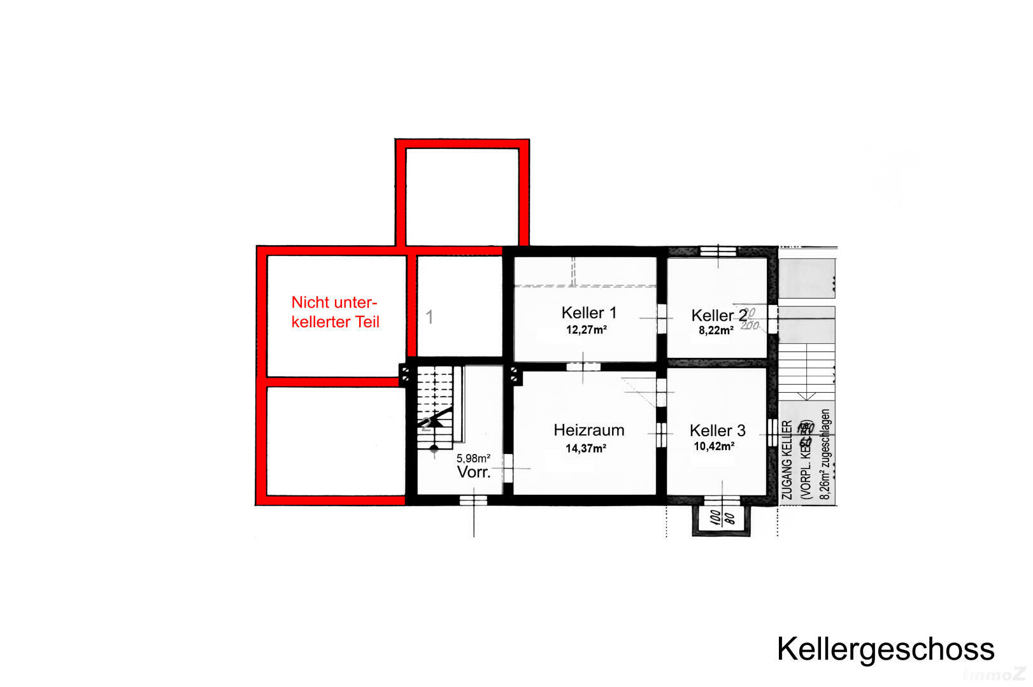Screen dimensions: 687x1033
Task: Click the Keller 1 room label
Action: point(588,313)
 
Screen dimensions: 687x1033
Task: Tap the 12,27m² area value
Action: point(586,330)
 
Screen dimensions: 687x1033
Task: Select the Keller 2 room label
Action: point(718,315)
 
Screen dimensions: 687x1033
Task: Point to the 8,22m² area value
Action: point(716,330)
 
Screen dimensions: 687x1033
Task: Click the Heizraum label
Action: point(588,430)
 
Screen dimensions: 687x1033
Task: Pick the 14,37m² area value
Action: point(585,448)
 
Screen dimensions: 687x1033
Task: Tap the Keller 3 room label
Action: point(717,430)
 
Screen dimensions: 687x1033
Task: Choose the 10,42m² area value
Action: point(714,446)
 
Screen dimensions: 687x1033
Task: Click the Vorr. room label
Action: point(473,472)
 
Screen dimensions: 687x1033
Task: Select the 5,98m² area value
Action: point(473,458)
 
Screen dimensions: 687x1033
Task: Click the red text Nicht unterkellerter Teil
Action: point(335,312)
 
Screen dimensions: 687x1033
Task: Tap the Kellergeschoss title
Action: point(885,649)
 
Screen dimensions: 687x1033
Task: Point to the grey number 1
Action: point(429,316)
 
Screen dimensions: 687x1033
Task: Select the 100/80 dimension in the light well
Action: point(722,517)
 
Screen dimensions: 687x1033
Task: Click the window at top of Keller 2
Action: point(718,251)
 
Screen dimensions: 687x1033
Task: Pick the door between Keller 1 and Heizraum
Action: point(583,366)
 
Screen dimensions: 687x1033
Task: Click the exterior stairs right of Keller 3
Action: point(807,369)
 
